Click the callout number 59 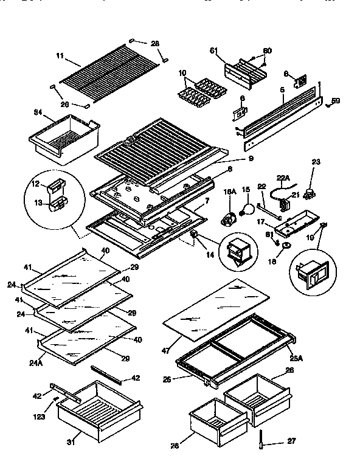coord(336,100)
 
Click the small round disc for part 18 coord(284,246)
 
